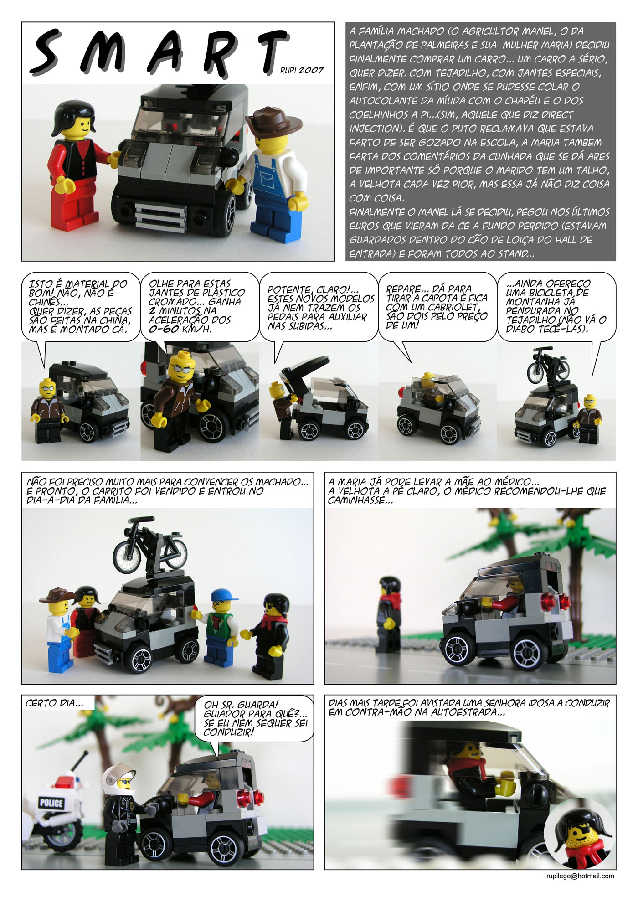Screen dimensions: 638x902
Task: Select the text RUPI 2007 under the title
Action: click(x=302, y=70)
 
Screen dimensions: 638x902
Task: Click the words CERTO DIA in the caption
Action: click(x=54, y=703)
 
